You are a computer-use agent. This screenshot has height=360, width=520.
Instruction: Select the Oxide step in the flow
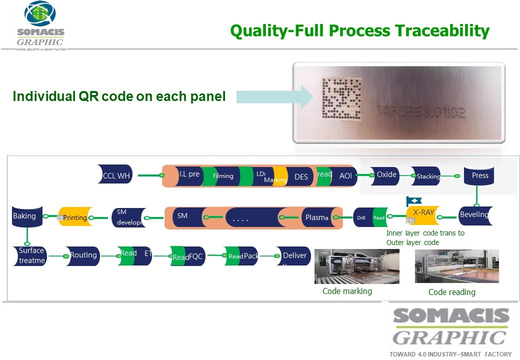coord(386,174)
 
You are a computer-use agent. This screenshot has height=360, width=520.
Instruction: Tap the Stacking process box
coord(426,176)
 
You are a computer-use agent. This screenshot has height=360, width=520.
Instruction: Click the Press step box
coord(479,175)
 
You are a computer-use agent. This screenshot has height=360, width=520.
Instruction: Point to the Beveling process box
coord(473,215)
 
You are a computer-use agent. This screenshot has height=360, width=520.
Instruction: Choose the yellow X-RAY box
coord(423,213)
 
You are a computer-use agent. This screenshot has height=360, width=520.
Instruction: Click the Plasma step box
coord(316,217)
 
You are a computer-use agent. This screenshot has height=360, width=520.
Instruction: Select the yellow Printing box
coord(76,217)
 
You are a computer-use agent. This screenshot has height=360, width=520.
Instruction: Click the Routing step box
coord(83,255)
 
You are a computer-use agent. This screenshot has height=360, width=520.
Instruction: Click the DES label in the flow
coord(301,176)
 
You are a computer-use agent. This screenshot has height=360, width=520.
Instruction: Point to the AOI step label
coord(345,176)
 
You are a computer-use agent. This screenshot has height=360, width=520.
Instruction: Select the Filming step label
coord(223,176)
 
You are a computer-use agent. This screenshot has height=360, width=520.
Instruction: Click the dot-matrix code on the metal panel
coord(340,100)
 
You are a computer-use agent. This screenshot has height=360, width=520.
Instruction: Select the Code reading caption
coord(451,292)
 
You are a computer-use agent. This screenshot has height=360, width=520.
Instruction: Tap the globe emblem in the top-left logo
coord(40,14)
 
